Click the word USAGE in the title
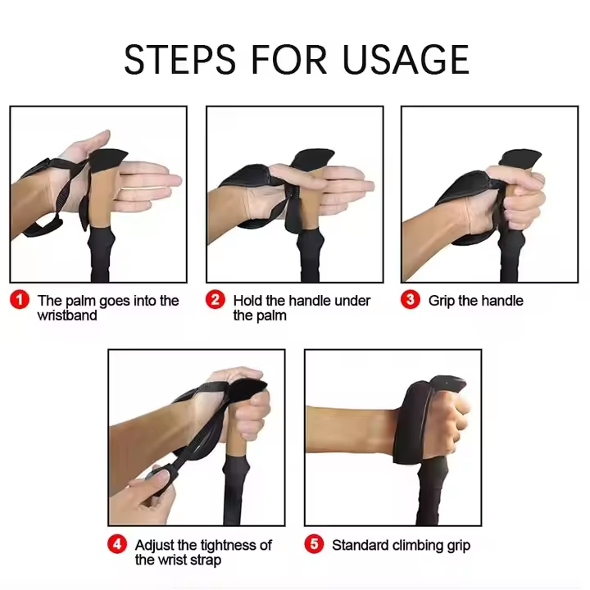406,59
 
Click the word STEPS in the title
179,59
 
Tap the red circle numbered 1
20,300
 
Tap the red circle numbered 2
216,300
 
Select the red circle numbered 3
411,300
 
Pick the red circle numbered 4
117,544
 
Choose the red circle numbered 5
314,544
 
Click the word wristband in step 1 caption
67,315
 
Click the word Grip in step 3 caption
442,301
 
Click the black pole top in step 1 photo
108,160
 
